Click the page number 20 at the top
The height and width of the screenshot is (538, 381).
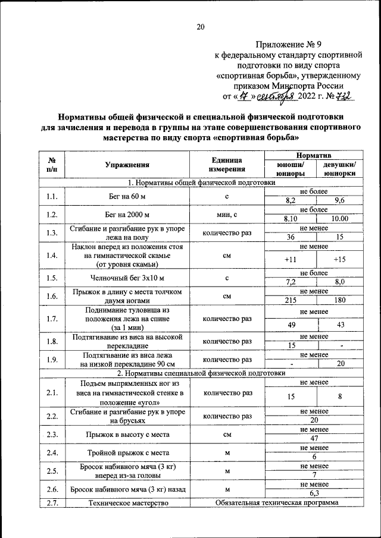click(201, 27)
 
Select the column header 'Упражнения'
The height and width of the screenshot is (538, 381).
click(127, 165)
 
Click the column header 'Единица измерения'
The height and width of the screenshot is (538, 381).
click(227, 165)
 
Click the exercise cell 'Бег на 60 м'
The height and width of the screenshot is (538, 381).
click(127, 196)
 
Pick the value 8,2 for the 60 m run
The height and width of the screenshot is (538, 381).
click(291, 201)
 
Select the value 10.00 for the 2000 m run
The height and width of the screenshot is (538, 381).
click(340, 219)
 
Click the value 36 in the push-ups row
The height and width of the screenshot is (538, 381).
click(291, 237)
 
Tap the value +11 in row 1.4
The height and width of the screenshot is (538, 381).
click(291, 259)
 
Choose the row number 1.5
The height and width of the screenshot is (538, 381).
click(52, 277)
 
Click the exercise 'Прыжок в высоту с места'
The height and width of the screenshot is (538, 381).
click(127, 434)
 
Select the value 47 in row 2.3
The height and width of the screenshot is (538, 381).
click(314, 439)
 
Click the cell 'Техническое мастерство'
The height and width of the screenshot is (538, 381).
click(127, 503)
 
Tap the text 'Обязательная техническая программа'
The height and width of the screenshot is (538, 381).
click(276, 503)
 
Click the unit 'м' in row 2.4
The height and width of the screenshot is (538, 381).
click(227, 452)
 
